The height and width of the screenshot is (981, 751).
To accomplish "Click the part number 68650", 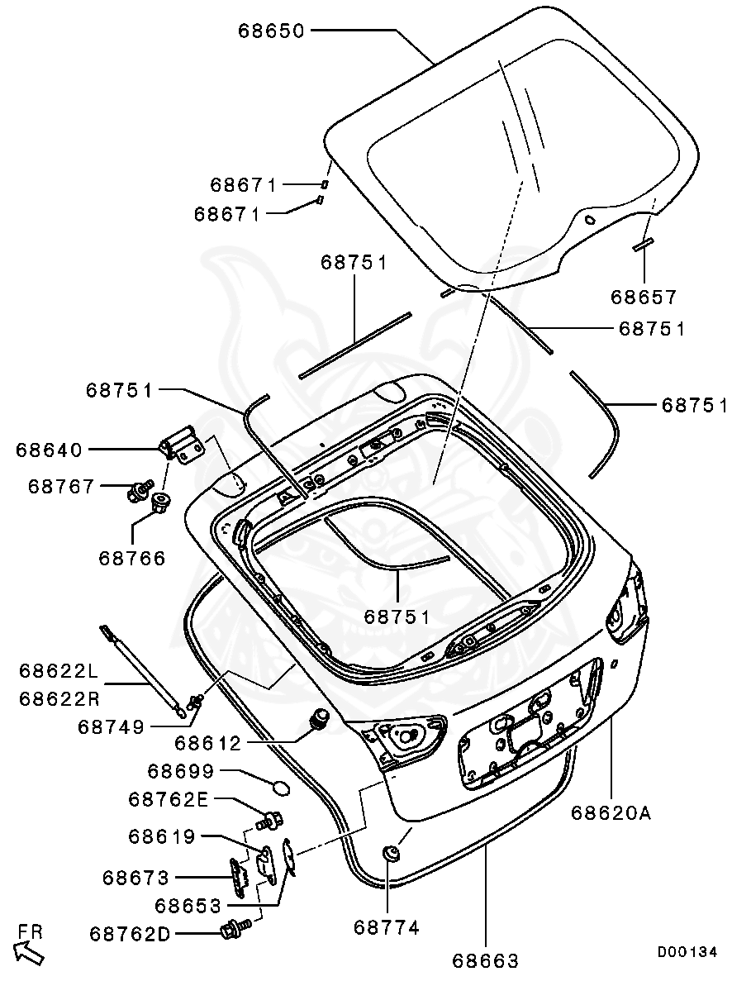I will [272, 31].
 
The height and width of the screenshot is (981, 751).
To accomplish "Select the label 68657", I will [644, 296].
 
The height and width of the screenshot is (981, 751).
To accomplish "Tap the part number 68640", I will [49, 450].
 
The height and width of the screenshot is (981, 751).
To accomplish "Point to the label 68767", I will [61, 487].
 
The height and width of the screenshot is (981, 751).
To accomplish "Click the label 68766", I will [132, 559].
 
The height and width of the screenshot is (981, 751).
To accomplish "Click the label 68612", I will [207, 744].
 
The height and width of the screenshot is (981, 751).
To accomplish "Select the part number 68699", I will [181, 771].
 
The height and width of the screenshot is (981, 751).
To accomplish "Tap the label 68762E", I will [169, 798].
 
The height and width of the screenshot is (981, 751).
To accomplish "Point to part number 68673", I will [136, 878].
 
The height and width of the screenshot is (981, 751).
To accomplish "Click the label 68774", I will [387, 928].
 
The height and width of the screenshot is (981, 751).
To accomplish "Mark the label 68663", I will [486, 961].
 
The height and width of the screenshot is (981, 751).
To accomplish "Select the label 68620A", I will [611, 813].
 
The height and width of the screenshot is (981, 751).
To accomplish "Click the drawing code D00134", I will [687, 952].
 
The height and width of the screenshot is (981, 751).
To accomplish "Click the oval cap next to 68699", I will [280, 788].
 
